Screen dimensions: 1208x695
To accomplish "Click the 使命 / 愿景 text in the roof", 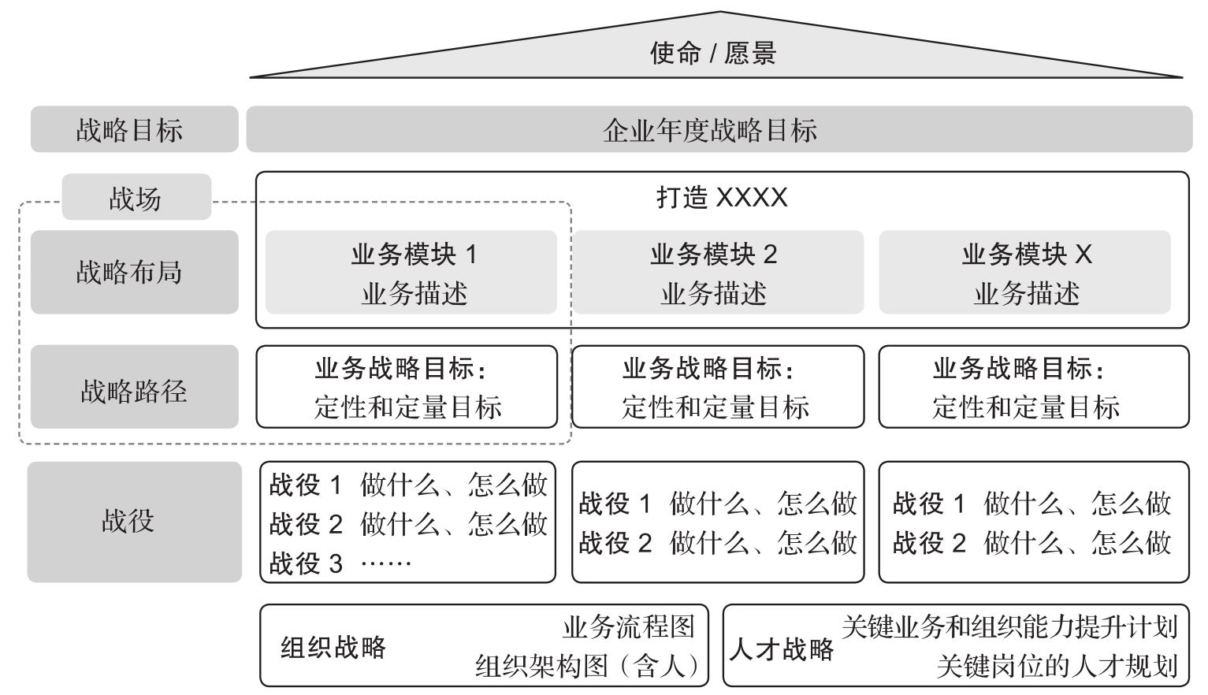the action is point(713,54).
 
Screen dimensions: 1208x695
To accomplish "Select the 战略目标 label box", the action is point(134,129).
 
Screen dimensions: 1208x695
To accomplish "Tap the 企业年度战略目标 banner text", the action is point(710,131).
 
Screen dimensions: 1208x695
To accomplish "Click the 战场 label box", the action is point(136,197).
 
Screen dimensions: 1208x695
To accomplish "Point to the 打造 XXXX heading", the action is point(722,197).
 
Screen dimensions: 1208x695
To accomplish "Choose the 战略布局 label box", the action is point(134,273).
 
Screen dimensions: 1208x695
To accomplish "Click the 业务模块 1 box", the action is point(411,273).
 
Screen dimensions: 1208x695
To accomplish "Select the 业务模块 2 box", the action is point(718,273).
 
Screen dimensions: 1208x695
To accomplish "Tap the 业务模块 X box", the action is point(1024,273).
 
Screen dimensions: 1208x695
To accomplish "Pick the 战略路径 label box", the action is point(134,387).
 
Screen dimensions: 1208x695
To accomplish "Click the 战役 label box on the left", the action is point(134,522).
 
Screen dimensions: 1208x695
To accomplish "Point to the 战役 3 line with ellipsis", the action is point(340,563).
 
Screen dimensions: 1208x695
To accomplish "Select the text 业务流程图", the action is point(629,627).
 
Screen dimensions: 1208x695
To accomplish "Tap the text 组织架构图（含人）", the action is point(587,666).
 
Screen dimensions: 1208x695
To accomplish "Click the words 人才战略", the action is point(782,649).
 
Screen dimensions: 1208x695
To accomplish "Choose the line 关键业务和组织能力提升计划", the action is point(1009,627).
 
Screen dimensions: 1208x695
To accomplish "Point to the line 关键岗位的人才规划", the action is point(1057,666).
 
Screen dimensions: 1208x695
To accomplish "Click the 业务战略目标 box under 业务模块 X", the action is point(1034,387).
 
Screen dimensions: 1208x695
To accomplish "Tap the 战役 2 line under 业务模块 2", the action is point(718,542).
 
